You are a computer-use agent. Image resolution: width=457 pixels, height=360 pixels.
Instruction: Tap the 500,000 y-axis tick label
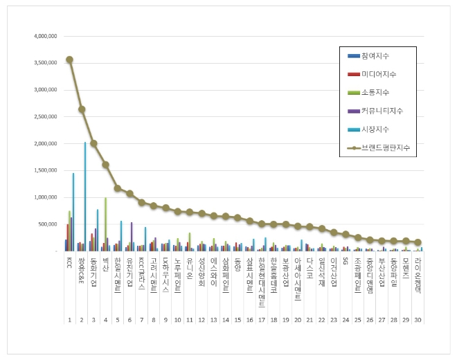(x=46, y=224)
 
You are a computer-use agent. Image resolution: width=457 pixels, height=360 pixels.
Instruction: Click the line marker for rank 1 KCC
(x=70, y=60)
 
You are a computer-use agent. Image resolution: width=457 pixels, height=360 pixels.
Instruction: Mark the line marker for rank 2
(x=82, y=109)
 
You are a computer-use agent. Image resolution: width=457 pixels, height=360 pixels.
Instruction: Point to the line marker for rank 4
(x=105, y=165)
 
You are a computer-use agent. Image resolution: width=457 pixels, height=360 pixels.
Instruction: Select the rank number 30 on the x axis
(x=417, y=320)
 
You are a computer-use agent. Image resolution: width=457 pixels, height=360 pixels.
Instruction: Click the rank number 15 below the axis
(x=238, y=320)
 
